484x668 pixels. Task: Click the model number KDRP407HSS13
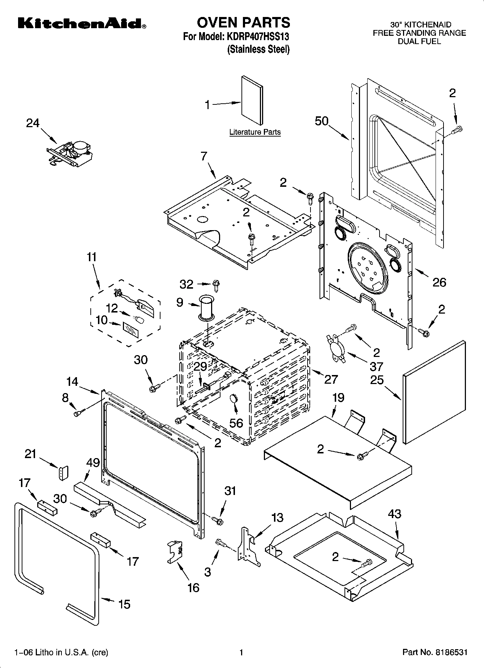(258, 36)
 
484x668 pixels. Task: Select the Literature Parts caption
(255, 132)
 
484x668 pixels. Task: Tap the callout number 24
(33, 123)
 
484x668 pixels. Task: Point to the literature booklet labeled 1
(252, 100)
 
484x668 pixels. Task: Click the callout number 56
(236, 422)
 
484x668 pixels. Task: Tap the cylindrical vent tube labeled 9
(206, 307)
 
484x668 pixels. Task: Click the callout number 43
(394, 514)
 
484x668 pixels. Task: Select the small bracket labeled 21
(64, 473)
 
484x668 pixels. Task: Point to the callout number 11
(92, 257)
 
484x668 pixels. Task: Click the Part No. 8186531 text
(435, 652)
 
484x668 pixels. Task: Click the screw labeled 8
(79, 412)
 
